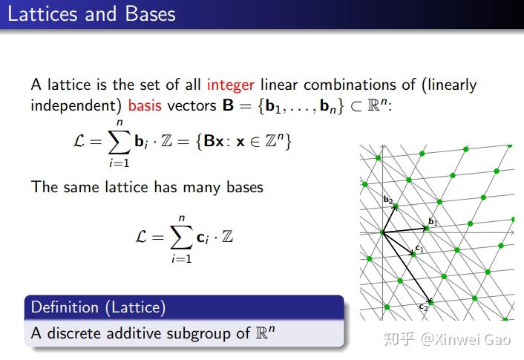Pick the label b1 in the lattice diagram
click(433, 222)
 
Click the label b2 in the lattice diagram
click(387, 199)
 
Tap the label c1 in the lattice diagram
click(419, 248)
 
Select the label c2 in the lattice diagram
click(423, 306)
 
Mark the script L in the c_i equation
click(145, 238)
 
